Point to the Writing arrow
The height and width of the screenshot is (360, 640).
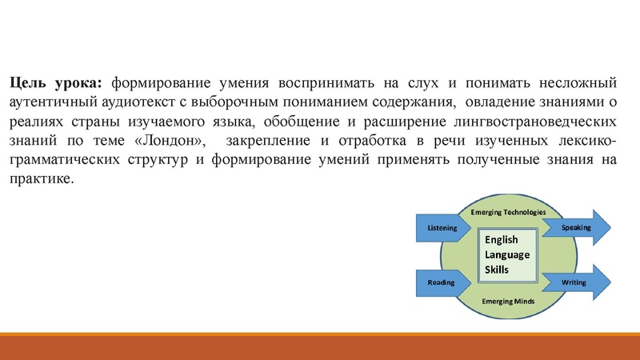[x=575, y=282]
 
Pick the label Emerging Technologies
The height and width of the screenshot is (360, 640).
[x=508, y=212]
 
